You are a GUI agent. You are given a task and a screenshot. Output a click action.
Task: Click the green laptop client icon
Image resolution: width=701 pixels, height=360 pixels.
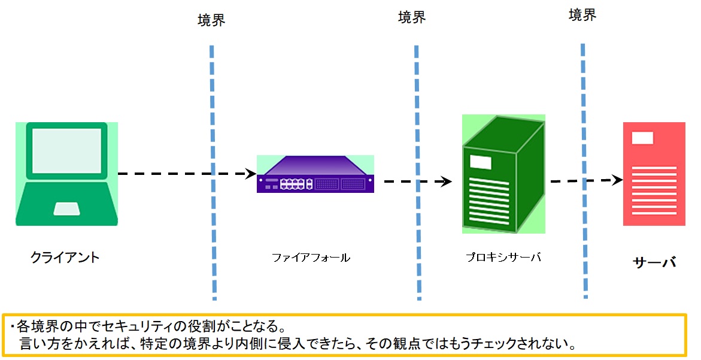tap(66, 174)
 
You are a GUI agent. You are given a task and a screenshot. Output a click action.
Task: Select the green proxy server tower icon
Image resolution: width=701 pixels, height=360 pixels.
tap(503, 174)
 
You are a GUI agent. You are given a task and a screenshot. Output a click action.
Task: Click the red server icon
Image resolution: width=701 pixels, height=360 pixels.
tap(654, 174)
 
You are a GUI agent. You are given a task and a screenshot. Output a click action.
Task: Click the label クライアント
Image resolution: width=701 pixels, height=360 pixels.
tap(65, 258)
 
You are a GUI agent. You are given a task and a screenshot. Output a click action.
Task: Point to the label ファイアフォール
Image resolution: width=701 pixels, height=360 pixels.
tap(311, 258)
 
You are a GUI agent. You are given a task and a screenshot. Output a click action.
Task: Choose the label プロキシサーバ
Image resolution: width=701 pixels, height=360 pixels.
tap(503, 257)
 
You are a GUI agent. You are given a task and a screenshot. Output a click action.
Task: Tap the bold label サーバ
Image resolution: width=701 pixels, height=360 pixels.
tap(654, 262)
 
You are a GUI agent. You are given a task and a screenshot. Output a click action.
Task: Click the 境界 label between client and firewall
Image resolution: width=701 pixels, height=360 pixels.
tap(211, 20)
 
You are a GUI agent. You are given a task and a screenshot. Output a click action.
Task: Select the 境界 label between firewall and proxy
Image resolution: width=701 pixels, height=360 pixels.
tap(412, 17)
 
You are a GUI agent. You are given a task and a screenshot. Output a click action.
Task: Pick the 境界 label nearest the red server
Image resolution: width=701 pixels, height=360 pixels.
tap(582, 16)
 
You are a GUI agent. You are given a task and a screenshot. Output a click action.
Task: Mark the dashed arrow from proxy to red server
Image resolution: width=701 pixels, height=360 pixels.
tap(584, 180)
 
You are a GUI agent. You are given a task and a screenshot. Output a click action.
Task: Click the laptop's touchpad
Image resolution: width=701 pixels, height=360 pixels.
tap(66, 208)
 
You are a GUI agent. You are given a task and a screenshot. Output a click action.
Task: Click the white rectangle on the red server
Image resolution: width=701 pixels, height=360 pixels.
tap(643, 138)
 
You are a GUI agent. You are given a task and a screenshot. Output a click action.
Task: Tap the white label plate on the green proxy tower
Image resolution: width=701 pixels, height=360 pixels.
tap(480, 162)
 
